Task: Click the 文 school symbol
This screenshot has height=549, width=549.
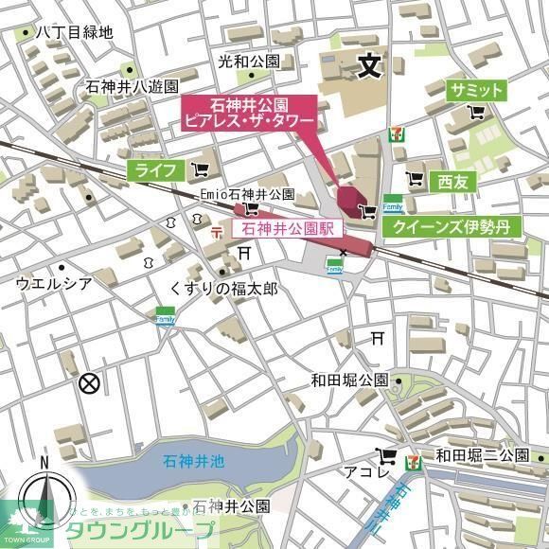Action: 368,65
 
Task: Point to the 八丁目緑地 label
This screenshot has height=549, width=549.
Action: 73,31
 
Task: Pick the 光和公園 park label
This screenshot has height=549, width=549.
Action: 248,61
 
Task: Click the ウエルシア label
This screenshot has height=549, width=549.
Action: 54,282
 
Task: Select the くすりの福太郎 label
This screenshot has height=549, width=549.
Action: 223,287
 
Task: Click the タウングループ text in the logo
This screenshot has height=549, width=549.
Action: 151,530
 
